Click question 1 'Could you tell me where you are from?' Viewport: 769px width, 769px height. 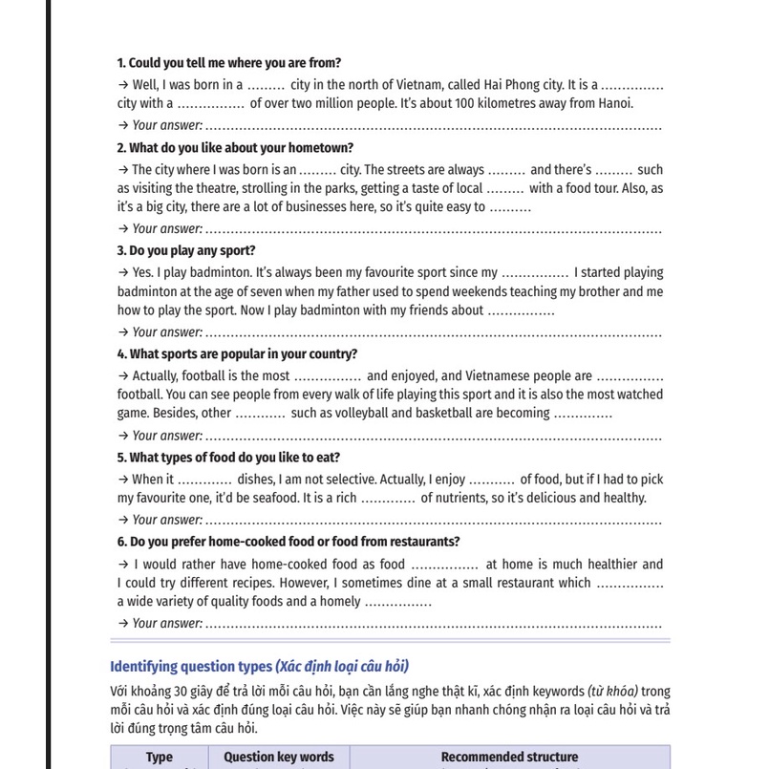tap(228, 63)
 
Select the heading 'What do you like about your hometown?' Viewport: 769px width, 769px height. tap(235, 148)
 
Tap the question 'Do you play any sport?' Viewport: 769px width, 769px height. tap(186, 250)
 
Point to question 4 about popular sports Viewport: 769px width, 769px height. tap(237, 353)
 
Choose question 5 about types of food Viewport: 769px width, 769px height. tap(228, 458)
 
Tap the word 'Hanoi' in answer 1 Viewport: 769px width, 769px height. tap(615, 104)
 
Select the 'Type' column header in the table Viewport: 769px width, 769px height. tap(159, 758)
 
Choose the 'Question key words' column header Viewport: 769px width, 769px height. tap(278, 758)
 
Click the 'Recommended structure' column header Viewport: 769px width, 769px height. tap(508, 758)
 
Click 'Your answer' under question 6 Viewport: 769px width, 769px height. tap(166, 624)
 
